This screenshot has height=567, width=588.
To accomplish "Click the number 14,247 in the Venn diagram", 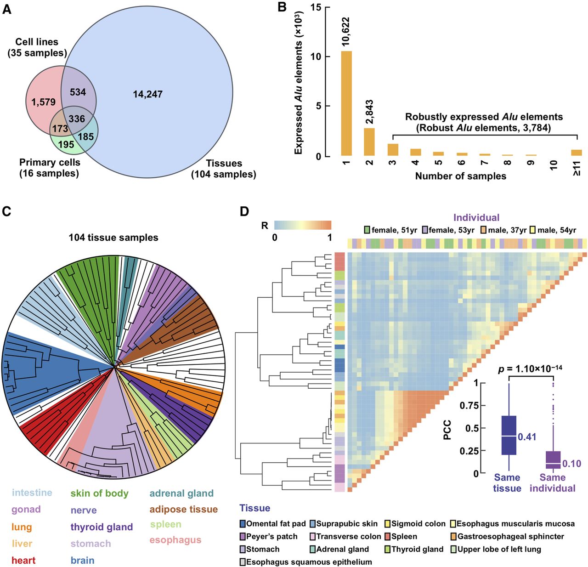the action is [x=148, y=94].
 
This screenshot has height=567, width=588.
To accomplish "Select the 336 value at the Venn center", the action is [x=77, y=119].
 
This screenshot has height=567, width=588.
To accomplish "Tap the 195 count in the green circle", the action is [x=66, y=144].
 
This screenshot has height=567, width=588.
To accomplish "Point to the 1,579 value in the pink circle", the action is [x=44, y=102].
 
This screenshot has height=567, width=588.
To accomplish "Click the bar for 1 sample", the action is [x=346, y=103].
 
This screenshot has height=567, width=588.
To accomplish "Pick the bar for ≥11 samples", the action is [x=576, y=153].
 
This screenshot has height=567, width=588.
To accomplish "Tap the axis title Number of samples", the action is [x=460, y=176].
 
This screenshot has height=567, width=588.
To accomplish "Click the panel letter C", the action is [x=6, y=211].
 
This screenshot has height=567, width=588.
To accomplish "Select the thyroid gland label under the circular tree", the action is [x=102, y=527].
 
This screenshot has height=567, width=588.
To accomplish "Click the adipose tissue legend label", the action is [x=184, y=509].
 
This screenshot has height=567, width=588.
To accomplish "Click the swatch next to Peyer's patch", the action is [x=243, y=536].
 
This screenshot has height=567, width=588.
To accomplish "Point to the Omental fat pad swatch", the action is [x=243, y=523].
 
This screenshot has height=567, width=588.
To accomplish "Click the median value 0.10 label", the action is [x=572, y=464].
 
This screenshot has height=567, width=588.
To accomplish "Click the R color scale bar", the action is [x=303, y=225].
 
